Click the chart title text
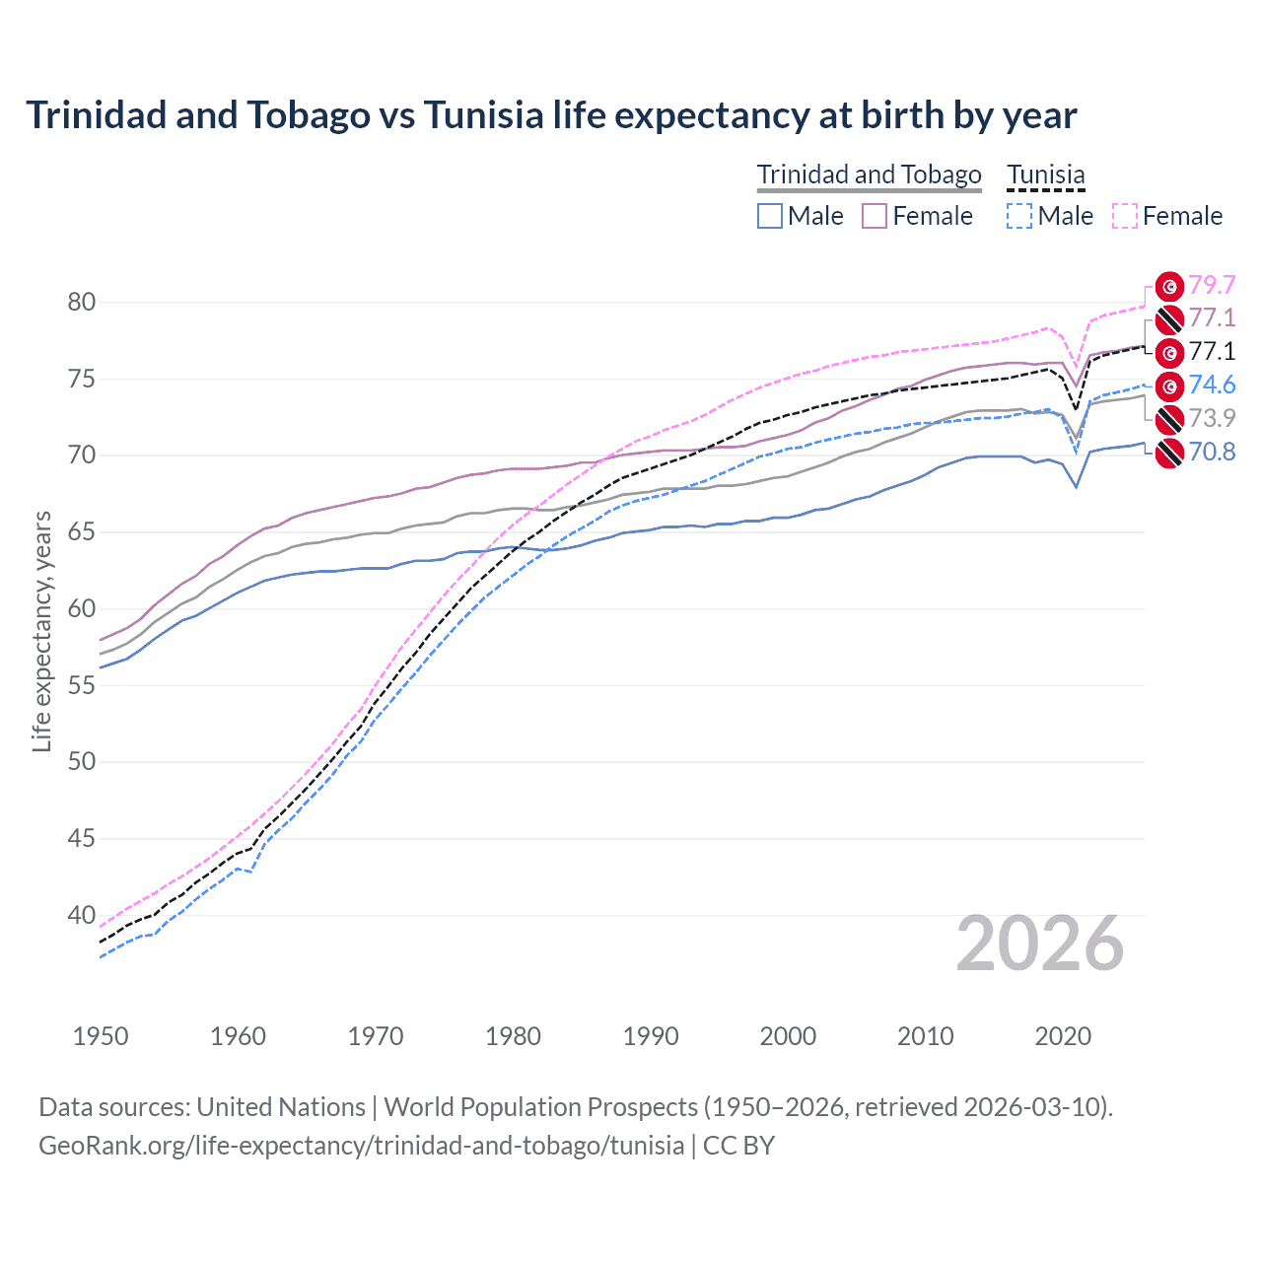tap(551, 115)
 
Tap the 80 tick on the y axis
tap(82, 302)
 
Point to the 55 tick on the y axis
tap(82, 685)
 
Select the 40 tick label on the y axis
tap(82, 915)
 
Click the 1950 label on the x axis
tap(101, 1036)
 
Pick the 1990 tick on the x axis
tap(651, 1036)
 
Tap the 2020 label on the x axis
tap(1063, 1036)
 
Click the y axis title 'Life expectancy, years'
tap(41, 631)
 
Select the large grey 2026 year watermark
tap(1039, 944)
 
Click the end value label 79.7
tap(1212, 285)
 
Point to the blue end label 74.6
tap(1212, 385)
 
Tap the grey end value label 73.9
tap(1212, 418)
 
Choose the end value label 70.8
tap(1212, 452)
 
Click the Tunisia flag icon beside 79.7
tap(1169, 286)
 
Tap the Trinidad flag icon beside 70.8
tap(1169, 453)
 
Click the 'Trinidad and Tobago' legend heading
tap(869, 175)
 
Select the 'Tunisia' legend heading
tap(1045, 175)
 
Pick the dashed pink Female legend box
tap(1124, 216)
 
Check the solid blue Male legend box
tap(770, 216)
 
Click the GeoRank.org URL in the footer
tap(361, 1146)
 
